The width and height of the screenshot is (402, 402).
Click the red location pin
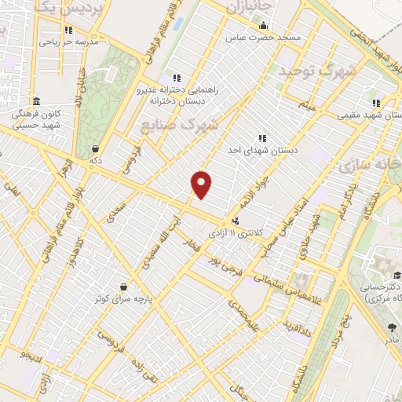point(202,185)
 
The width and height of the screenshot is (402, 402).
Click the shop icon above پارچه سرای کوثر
point(122,287)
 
